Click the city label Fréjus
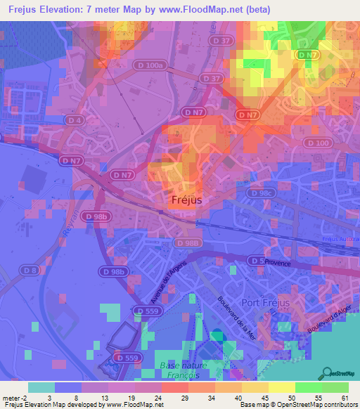click(187, 200)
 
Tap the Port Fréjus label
click(270, 303)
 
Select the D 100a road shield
click(151, 65)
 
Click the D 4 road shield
click(75, 121)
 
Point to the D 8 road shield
click(29, 270)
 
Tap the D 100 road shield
click(319, 143)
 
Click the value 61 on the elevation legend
click(344, 398)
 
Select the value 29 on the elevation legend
click(184, 398)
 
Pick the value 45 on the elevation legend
click(264, 398)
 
